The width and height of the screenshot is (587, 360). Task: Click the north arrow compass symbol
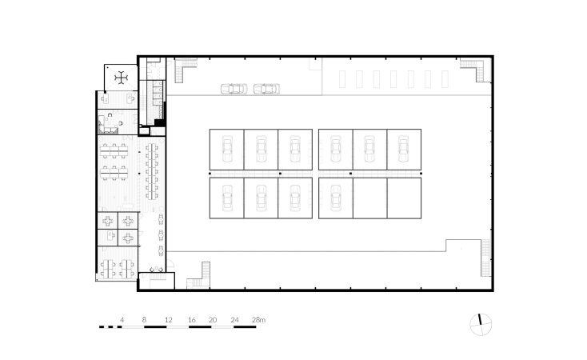(x=481, y=325)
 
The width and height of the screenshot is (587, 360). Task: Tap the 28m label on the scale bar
(x=258, y=320)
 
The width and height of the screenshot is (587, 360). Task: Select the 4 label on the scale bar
(x=122, y=320)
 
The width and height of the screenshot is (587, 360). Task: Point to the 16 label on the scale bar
(x=192, y=320)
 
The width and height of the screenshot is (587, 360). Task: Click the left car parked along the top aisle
(x=234, y=89)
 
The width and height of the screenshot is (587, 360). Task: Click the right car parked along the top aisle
(x=266, y=89)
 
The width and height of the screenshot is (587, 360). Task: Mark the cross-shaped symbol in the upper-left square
(x=122, y=78)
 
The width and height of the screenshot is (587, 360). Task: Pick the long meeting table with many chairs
(x=152, y=171)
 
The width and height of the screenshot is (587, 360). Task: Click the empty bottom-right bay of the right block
(x=405, y=198)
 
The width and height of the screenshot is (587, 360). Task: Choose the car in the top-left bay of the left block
(x=227, y=149)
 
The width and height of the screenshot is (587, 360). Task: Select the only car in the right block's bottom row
(x=336, y=198)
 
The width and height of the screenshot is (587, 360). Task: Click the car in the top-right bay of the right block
(x=404, y=149)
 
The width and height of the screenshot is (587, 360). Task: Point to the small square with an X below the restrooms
(x=144, y=131)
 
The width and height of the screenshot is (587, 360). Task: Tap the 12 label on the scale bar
(x=169, y=320)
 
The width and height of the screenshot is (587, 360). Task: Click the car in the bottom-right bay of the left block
(x=295, y=198)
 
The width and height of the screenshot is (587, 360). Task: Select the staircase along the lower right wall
(x=485, y=258)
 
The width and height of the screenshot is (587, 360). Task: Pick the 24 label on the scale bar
(x=235, y=320)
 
